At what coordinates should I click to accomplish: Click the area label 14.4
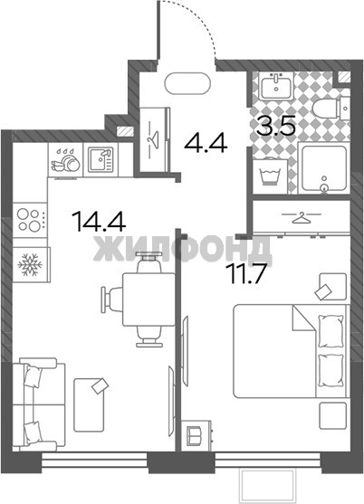click(99, 221)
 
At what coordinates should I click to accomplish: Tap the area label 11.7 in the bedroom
click(245, 273)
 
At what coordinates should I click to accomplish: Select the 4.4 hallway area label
click(206, 142)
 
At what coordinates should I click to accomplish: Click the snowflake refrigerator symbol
click(30, 265)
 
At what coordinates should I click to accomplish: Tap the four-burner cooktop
click(29, 220)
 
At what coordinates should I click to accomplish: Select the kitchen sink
click(101, 159)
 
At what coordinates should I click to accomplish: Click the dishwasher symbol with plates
click(65, 159)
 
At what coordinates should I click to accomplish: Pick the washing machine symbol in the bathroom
click(270, 177)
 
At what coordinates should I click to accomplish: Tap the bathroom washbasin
click(276, 86)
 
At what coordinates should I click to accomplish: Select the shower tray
click(323, 168)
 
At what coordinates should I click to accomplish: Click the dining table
click(148, 299)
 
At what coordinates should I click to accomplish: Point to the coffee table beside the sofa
click(89, 404)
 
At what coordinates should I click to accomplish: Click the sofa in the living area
click(38, 404)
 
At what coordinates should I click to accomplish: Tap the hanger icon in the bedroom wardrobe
click(302, 218)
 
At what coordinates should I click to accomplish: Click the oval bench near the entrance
click(187, 83)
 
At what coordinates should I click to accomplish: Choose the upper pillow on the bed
click(330, 331)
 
